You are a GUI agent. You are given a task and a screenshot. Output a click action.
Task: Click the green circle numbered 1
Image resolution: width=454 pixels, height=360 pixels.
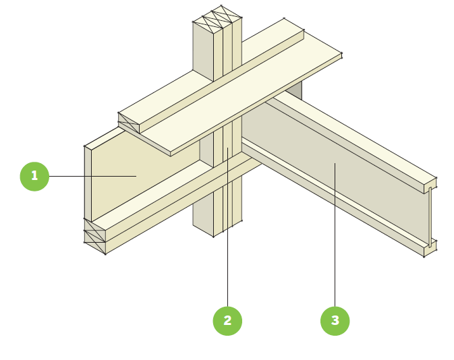pos(34,177)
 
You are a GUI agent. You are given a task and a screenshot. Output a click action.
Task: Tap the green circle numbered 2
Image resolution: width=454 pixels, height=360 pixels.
pos(227,321)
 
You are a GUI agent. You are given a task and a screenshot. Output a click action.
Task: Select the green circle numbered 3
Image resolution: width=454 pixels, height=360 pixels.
pos(335,321)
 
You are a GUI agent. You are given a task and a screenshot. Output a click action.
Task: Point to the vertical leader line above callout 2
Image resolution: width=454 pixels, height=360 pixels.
pos(227,229)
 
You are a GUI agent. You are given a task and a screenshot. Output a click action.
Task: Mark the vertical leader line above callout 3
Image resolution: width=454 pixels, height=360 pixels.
pos(335,236)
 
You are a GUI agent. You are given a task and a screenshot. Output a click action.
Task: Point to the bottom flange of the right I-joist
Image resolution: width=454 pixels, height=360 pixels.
pos(337,202)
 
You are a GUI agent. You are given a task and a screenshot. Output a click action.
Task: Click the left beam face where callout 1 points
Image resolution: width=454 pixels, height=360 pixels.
pos(136,176)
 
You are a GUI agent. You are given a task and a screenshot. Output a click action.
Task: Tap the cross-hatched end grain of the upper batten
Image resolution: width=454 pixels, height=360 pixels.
pos(128,123)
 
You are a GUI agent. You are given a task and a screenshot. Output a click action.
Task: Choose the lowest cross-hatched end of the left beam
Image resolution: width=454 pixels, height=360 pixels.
pos(94,247)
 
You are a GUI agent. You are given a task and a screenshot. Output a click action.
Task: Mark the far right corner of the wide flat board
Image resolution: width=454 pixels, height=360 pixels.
pos(341,55)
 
